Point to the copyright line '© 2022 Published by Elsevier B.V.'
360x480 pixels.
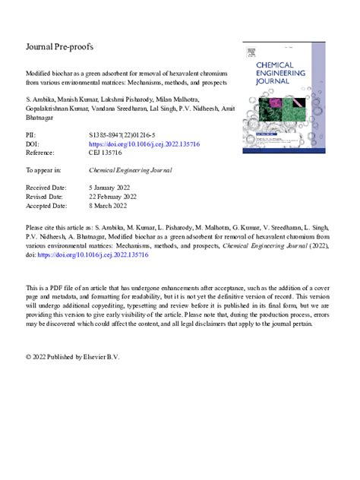tap(72, 356)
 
